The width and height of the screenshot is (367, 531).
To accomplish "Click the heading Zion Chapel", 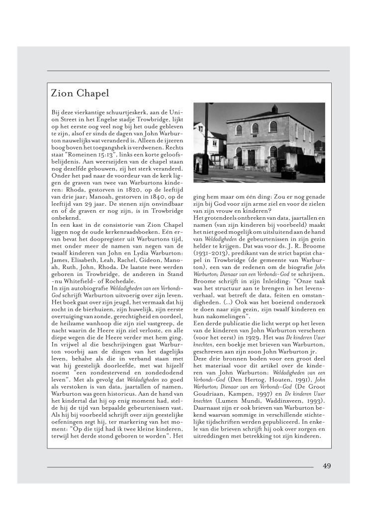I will click(80, 93).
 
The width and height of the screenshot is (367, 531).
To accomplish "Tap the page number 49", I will click(327, 466).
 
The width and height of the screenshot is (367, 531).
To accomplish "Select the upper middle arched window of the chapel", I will click(255, 129).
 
